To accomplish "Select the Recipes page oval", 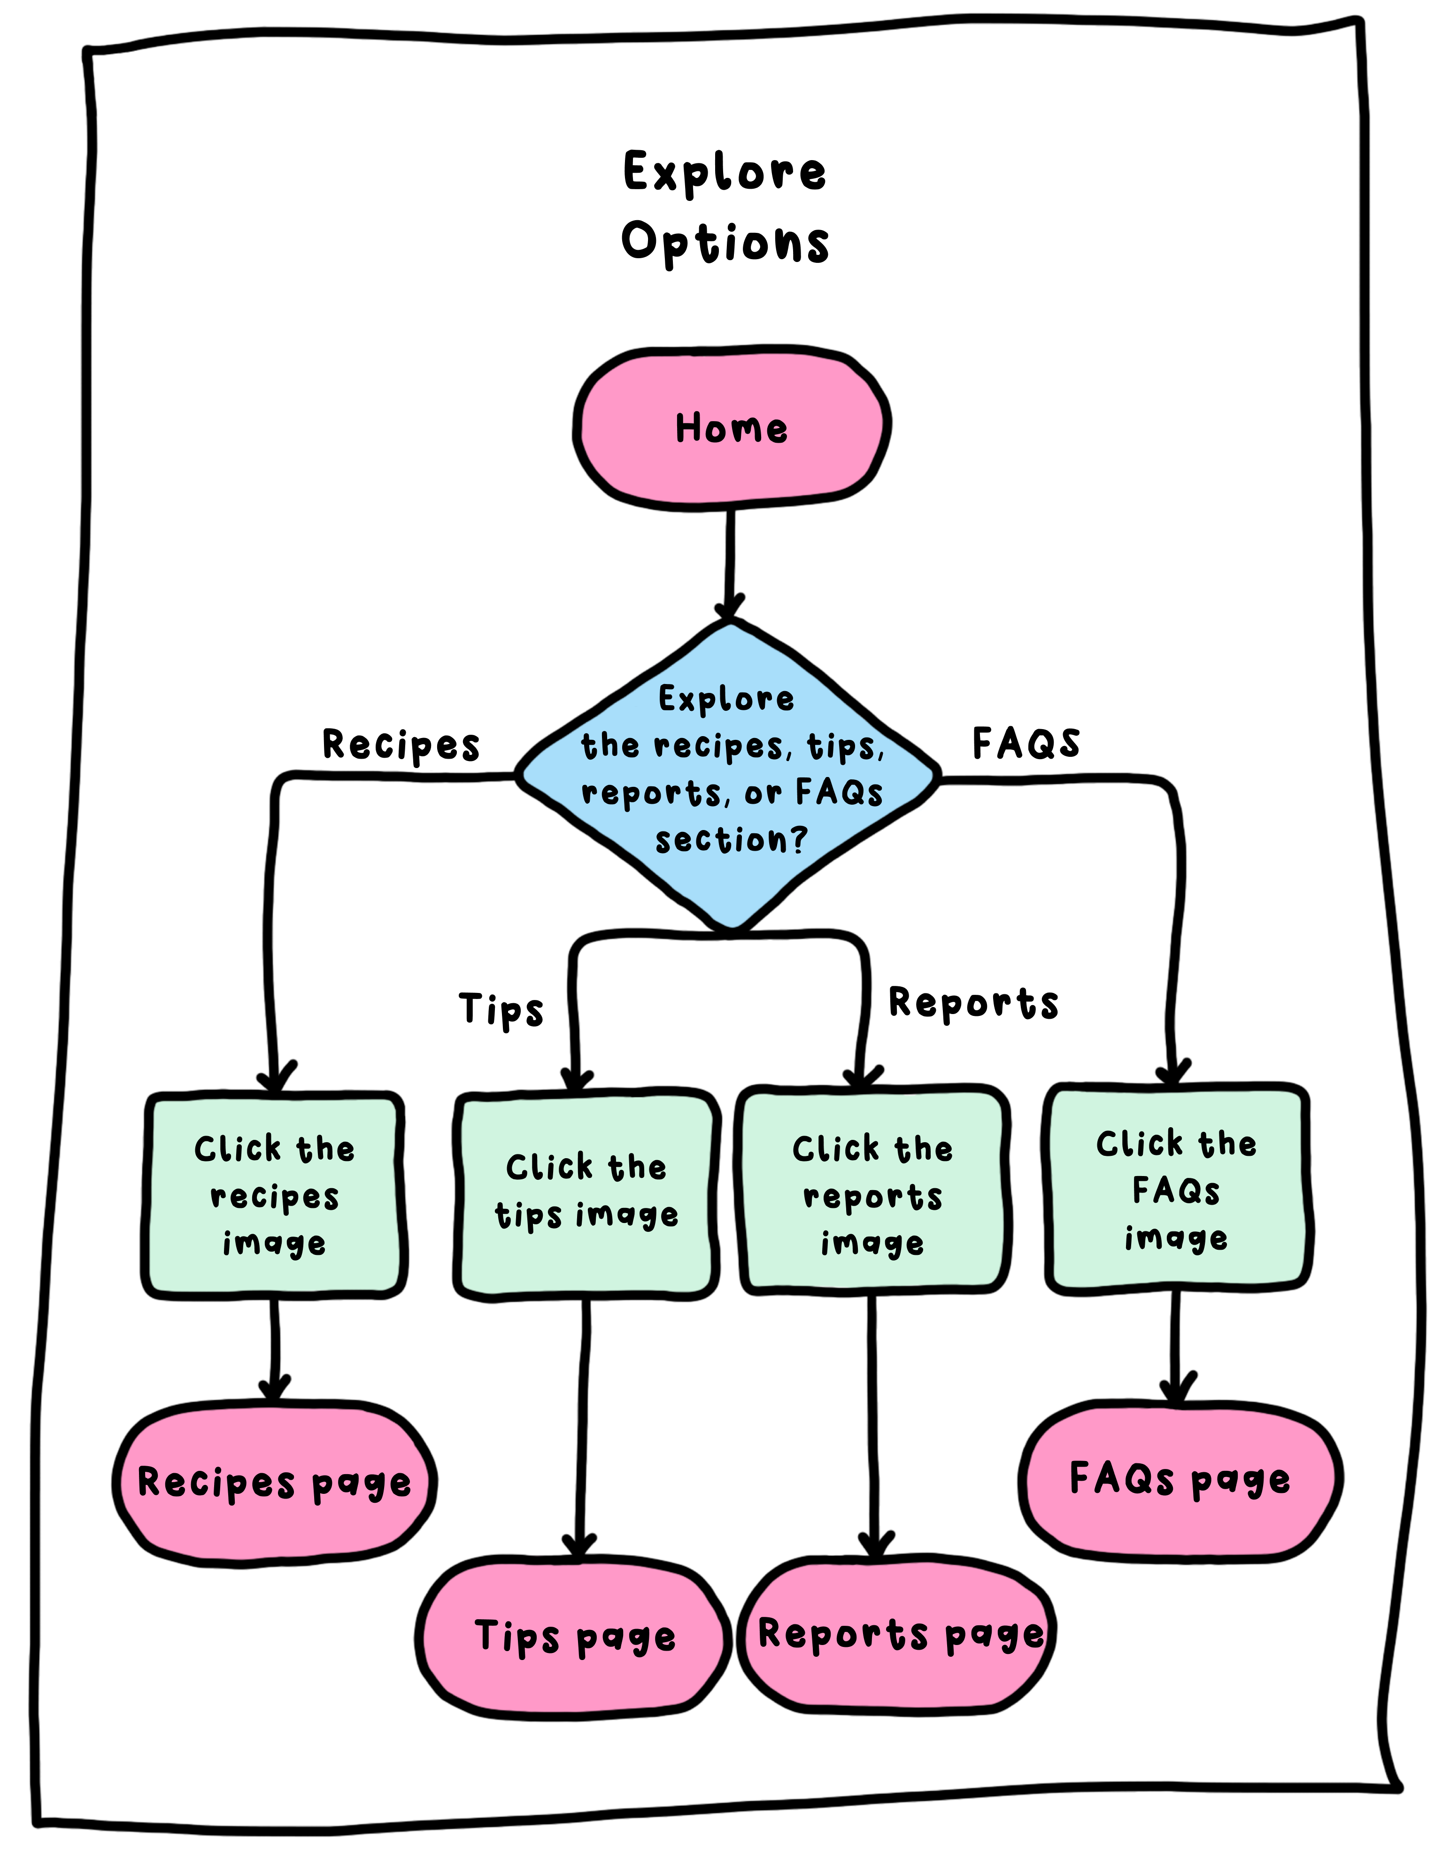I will [x=274, y=1483].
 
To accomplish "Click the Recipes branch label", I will [x=401, y=745].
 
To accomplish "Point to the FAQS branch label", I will [x=1026, y=743].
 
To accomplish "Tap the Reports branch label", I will [x=973, y=1003].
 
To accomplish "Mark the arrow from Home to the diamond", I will [x=729, y=562].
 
